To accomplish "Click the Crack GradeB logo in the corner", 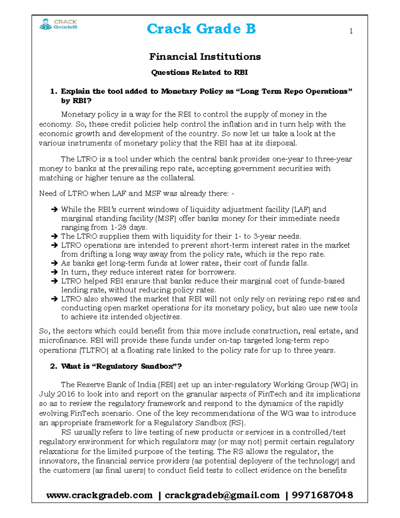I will coord(58,24).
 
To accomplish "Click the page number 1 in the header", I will coord(351,31).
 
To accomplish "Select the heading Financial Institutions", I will coord(205,57).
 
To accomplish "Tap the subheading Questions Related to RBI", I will coord(199,72).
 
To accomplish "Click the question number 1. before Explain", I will coord(54,91).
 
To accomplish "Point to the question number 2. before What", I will coord(54,366).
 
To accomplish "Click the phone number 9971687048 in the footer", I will coord(322,495).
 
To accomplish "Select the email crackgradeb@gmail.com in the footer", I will coord(222,495).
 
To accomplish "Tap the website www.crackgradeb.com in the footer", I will coord(99,495).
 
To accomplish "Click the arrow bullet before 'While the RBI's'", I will coord(54,209).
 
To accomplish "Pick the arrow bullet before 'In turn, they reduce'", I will coord(54,272).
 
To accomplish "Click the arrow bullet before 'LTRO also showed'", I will coord(54,299).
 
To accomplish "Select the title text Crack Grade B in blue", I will coord(201,29).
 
